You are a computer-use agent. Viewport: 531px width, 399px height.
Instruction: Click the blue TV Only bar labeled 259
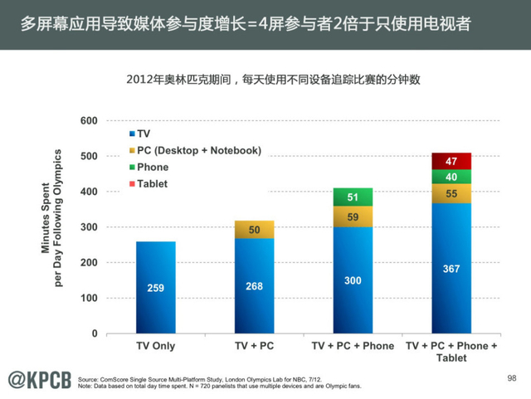coord(155,287)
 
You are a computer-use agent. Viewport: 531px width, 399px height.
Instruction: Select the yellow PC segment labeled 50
coord(254,229)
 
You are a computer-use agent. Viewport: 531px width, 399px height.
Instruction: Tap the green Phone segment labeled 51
coord(353,197)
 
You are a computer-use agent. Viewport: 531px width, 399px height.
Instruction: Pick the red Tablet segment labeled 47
coord(451,161)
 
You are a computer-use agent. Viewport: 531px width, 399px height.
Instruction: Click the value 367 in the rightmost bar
coord(451,269)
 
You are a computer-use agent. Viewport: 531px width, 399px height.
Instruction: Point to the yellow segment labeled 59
coord(353,217)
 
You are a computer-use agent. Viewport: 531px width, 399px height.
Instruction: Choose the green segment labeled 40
coord(451,177)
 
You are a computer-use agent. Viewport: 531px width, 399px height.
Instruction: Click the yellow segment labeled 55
coord(451,193)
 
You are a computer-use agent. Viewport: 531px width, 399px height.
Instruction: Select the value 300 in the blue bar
coord(353,280)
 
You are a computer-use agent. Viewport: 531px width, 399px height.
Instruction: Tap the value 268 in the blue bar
coord(254,286)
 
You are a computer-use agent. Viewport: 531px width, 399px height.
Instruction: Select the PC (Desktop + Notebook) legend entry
coord(194,150)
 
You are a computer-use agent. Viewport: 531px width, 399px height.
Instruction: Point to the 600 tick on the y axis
coord(111,121)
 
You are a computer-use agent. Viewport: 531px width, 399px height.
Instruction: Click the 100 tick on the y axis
coord(111,298)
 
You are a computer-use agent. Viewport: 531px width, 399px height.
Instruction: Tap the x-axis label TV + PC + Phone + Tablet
coord(451,352)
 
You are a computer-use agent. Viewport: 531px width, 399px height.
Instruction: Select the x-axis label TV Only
coord(155,346)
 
